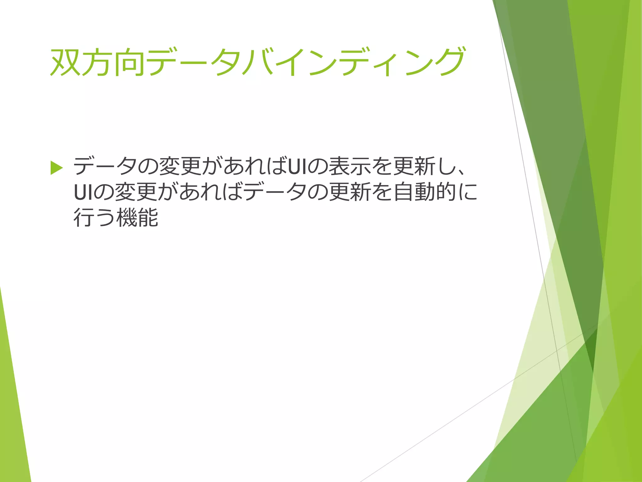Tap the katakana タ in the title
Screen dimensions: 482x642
pos(225,62)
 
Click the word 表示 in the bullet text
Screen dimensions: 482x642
pos(350,166)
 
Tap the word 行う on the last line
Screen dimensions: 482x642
pos(94,218)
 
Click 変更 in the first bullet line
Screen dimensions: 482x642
pos(180,166)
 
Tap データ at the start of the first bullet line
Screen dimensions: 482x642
pos(105,166)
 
